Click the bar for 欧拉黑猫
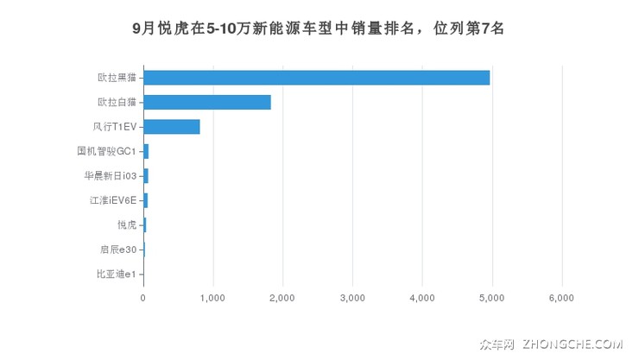coord(316,78)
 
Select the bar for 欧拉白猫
coord(207,102)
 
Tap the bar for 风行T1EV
coord(172,127)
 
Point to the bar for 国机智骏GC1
coord(146,151)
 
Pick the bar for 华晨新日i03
coord(146,176)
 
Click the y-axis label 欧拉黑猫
coord(117,78)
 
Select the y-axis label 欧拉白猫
coord(117,102)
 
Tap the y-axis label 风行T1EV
coord(114,127)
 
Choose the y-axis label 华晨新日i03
coord(110,176)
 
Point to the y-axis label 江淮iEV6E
coord(112,200)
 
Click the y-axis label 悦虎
coord(126,225)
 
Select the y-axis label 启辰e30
coord(117,249)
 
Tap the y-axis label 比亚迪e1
coord(116,275)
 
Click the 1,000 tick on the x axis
coord(212,298)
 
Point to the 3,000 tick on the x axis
coord(352,298)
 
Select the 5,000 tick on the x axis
coord(492,298)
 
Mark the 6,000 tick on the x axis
coord(562,298)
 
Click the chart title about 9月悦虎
coord(319,28)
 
